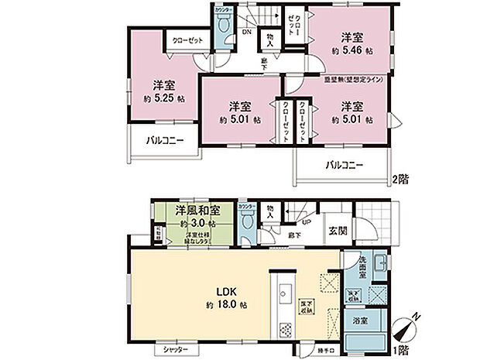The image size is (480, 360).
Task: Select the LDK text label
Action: (225, 292)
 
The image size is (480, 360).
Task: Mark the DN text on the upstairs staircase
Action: (247, 33)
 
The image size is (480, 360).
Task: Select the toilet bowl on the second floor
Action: (224, 26)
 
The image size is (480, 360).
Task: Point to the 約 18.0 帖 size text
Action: (225, 305)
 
